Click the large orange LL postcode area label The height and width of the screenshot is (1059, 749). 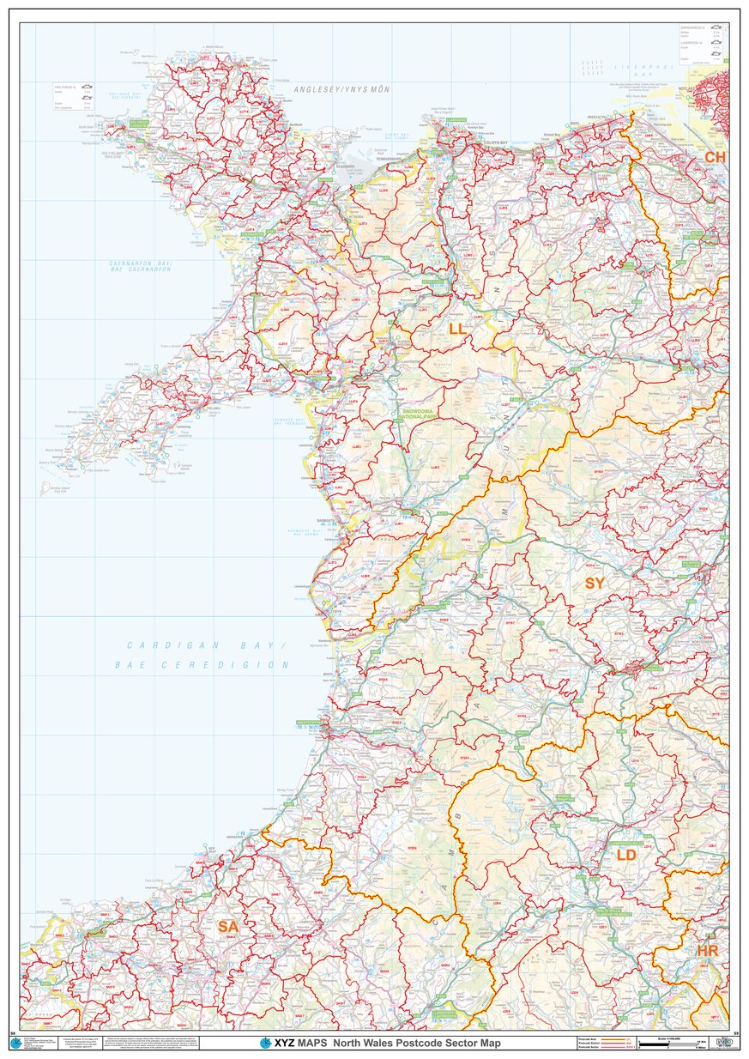[x=456, y=329]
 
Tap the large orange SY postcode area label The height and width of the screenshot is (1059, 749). [x=595, y=584]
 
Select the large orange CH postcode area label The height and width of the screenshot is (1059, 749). [x=714, y=158]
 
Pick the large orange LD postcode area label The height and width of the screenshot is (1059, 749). [x=626, y=855]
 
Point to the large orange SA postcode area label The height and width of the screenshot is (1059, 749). [x=227, y=927]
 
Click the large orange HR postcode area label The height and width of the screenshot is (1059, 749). [x=707, y=951]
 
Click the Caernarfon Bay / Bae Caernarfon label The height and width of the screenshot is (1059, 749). [x=141, y=266]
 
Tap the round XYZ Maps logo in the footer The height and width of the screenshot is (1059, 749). [x=266, y=1043]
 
